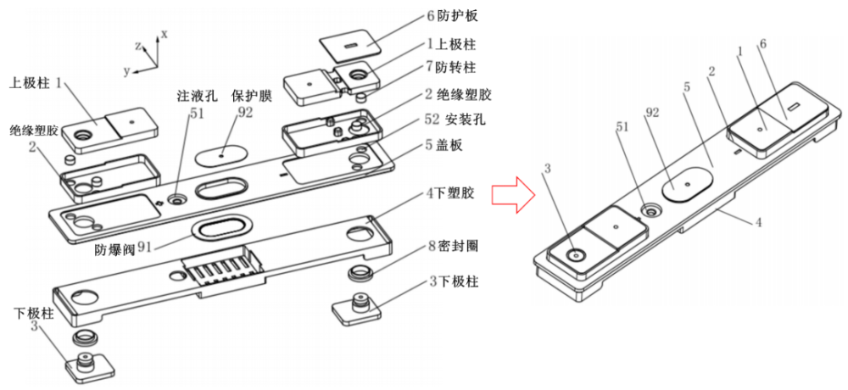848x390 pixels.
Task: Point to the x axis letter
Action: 165,34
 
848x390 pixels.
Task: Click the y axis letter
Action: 126,71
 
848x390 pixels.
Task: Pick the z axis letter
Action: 138,47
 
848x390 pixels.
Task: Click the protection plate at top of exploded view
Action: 349,44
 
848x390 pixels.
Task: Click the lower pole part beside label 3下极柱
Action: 358,311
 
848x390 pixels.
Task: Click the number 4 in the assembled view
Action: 759,222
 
